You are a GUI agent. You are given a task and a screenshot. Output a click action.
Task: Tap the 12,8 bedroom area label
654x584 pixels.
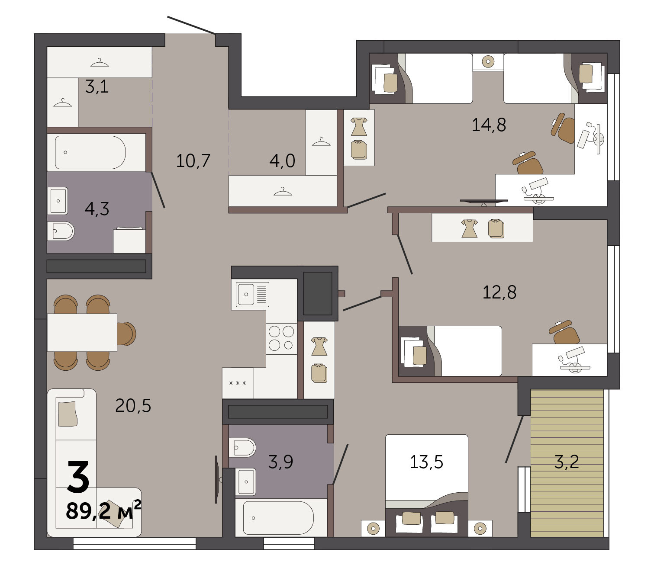(x=499, y=292)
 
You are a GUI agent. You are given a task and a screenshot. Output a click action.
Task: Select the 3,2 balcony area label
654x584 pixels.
(x=567, y=462)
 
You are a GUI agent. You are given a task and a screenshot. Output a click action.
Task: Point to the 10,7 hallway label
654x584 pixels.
(x=193, y=160)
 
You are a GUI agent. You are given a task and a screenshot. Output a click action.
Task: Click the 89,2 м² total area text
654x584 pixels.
(x=103, y=510)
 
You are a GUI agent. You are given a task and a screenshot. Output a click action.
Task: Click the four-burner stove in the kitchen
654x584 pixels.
(x=281, y=338)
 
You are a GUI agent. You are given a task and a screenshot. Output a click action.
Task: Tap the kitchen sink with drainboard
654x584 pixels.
(x=252, y=294)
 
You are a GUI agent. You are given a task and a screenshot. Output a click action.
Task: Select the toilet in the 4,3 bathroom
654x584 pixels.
(x=61, y=231)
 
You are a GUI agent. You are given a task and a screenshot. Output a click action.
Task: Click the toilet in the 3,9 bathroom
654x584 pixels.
(x=242, y=448)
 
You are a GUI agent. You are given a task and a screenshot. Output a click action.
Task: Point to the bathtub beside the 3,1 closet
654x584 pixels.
(x=90, y=152)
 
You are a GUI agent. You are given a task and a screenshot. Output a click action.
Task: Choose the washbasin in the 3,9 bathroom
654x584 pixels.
(x=245, y=482)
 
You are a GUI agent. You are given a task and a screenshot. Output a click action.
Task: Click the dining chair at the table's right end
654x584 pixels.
(x=126, y=334)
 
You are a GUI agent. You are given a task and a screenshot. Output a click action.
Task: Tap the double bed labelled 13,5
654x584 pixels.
(x=426, y=486)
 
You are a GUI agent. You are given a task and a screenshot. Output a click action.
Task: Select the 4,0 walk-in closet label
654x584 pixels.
(x=282, y=160)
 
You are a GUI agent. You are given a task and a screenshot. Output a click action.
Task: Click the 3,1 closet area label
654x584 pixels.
(x=97, y=87)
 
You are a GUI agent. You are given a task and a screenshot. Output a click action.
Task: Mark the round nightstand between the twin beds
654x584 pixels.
(x=488, y=61)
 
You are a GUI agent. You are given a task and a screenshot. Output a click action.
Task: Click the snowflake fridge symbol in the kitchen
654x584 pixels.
(x=238, y=383)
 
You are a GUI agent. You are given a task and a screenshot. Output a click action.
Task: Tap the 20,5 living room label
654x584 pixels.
(x=133, y=406)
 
